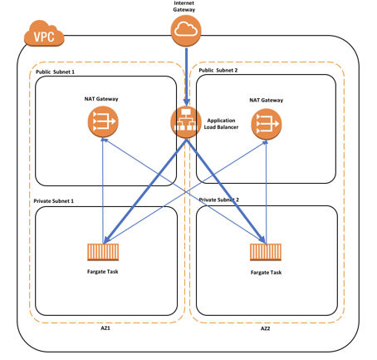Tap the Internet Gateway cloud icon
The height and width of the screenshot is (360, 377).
(x=186, y=31)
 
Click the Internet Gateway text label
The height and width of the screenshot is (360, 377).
(x=184, y=7)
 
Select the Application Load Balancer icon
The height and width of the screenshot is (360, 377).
(x=186, y=122)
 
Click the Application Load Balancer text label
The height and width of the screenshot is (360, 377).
(x=221, y=124)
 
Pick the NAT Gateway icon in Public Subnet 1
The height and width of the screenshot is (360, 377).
(x=103, y=122)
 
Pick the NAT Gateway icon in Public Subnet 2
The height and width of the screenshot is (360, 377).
(x=267, y=124)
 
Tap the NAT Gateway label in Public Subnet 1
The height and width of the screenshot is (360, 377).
(x=101, y=99)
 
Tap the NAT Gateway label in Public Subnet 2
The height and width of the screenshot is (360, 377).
(x=267, y=100)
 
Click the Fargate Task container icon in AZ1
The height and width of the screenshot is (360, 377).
(x=103, y=252)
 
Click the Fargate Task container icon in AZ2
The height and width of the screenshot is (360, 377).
(x=266, y=252)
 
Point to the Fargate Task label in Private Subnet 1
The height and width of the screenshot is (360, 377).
(x=103, y=272)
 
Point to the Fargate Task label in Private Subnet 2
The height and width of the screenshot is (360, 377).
(x=266, y=273)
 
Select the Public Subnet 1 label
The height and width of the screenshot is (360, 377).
(x=55, y=72)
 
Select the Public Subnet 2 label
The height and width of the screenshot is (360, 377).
(x=218, y=70)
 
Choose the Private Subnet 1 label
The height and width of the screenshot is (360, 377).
(x=54, y=201)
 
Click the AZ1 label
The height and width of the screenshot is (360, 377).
(x=105, y=328)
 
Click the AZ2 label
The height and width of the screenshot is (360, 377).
(x=265, y=328)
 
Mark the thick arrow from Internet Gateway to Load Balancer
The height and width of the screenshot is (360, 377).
(x=186, y=77)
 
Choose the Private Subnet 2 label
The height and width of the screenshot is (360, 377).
(x=219, y=200)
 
